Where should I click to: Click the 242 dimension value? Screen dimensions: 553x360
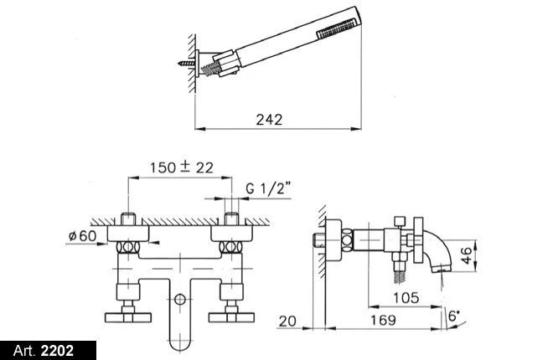point(269,120)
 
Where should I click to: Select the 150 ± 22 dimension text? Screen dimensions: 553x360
point(182,167)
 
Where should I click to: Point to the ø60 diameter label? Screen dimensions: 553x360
point(82,235)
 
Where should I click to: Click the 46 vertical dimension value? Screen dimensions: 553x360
point(466,255)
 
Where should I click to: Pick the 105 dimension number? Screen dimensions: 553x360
point(406,298)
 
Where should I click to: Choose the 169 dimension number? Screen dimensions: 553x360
point(383,320)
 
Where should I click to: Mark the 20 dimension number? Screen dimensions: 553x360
point(287,321)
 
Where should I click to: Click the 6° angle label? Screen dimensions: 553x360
point(454,315)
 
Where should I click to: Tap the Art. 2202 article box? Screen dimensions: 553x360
point(48,351)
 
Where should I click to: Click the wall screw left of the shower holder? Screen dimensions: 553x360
point(186,64)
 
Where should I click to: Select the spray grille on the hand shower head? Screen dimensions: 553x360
point(338,29)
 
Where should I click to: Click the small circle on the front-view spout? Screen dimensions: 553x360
point(180,300)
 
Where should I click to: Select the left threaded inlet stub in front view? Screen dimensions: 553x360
point(128,219)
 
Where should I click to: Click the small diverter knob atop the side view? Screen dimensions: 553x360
point(400,222)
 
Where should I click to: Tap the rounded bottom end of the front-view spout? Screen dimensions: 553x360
point(180,344)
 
